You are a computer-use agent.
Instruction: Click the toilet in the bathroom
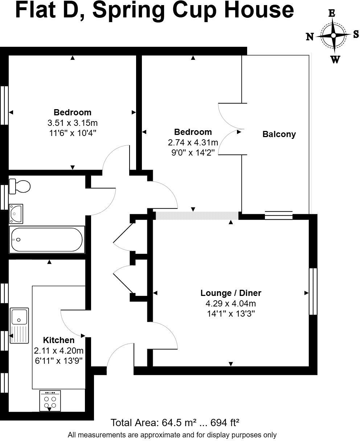click(20, 186)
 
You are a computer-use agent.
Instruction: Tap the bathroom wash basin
click(16, 214)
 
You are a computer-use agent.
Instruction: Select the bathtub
click(47, 240)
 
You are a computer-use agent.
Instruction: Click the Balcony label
click(279, 134)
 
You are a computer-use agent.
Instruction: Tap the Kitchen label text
click(58, 340)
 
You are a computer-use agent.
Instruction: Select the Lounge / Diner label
click(231, 293)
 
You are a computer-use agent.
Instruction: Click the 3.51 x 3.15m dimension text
click(73, 123)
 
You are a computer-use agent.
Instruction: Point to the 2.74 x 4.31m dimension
click(193, 143)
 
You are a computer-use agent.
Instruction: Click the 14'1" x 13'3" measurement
click(231, 314)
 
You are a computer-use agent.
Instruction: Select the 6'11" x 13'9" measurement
click(58, 361)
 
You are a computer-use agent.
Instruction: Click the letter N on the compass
click(310, 37)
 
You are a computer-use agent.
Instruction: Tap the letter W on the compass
click(335, 59)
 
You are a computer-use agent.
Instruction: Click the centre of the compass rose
click(334, 36)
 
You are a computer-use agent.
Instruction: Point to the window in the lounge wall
click(313, 291)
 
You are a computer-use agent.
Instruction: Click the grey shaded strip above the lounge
click(197, 215)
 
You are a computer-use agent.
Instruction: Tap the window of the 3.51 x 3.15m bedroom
click(4, 106)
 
